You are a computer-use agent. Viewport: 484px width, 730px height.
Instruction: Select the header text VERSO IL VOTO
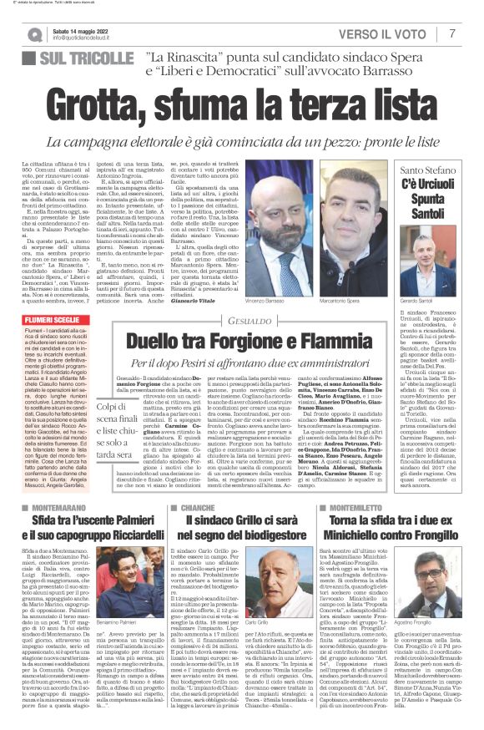[384, 34]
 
